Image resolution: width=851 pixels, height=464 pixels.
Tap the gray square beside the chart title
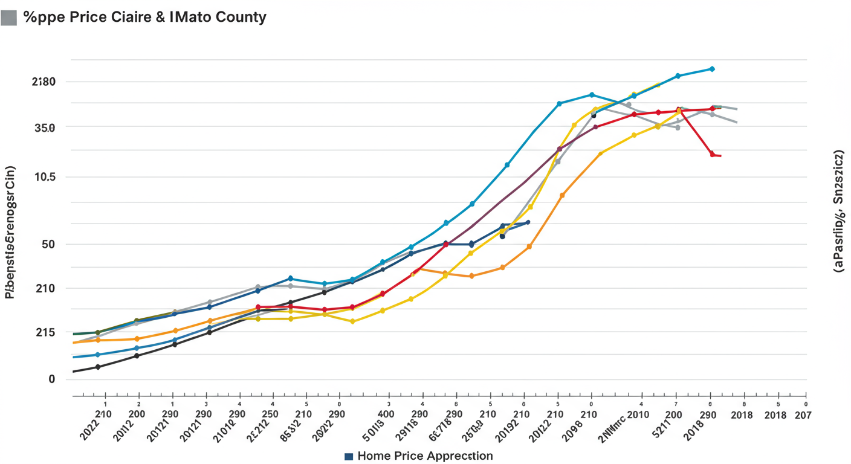pyautogui.click(x=8, y=18)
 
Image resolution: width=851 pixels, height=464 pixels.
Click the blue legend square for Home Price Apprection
pyautogui.click(x=348, y=456)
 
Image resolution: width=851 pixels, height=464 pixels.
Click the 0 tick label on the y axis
pyautogui.click(x=52, y=379)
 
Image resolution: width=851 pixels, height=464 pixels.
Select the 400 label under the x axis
pyautogui.click(x=386, y=415)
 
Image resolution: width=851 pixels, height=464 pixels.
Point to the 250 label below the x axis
pyautogui.click(x=270, y=415)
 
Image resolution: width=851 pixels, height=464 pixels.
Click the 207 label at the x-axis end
pyautogui.click(x=803, y=415)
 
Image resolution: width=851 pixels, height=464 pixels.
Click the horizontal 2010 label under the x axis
pyautogui.click(x=638, y=415)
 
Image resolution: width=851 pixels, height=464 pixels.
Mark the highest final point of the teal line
pyautogui.click(x=713, y=69)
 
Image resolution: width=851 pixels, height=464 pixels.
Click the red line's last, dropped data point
pyautogui.click(x=713, y=155)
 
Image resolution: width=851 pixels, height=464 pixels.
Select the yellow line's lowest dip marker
pyautogui.click(x=352, y=321)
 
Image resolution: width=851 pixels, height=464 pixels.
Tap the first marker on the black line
pyautogui.click(x=98, y=367)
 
